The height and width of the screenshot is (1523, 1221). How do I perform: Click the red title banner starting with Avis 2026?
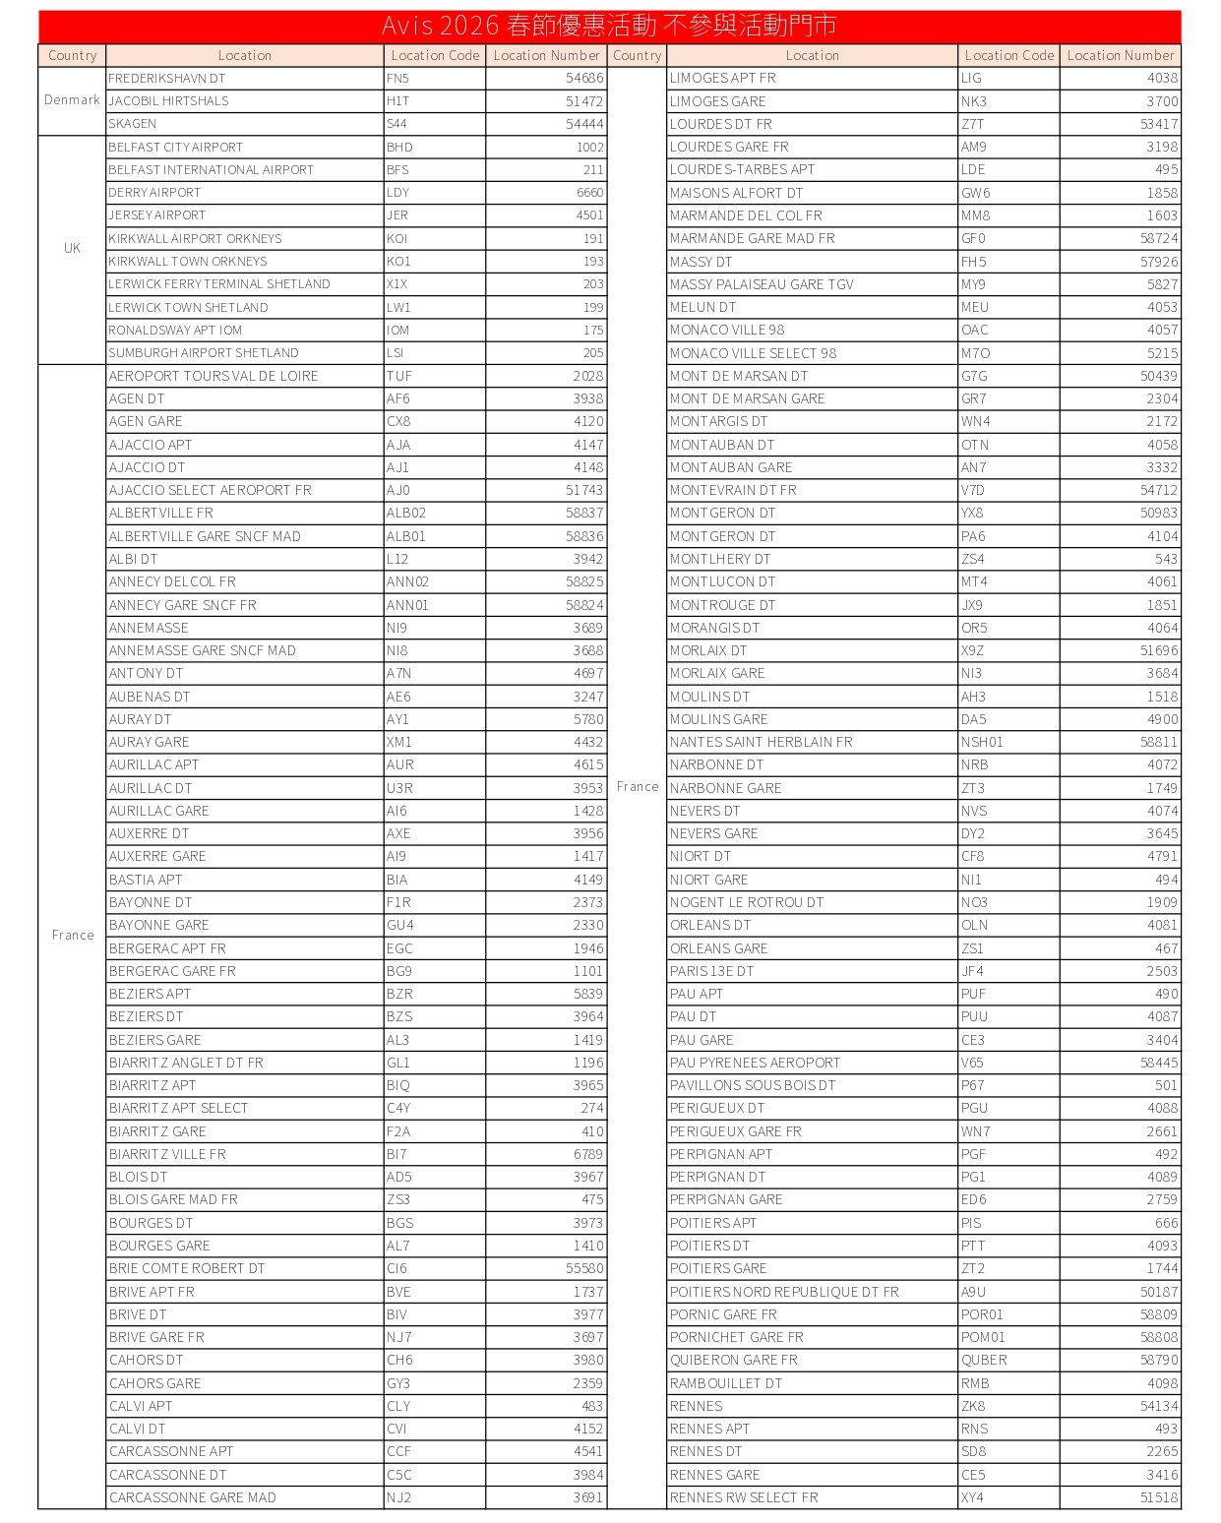tap(609, 26)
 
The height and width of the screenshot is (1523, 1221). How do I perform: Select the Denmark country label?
tap(72, 100)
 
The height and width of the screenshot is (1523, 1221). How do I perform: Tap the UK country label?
tap(72, 248)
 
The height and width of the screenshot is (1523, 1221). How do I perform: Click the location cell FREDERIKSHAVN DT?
tap(167, 78)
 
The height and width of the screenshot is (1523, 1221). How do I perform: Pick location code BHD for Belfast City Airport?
tap(399, 147)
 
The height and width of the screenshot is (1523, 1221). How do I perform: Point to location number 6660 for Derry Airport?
tap(589, 193)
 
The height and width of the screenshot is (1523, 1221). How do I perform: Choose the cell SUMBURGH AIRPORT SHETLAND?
tap(204, 352)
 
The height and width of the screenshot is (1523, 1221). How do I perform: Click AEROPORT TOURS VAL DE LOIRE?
tap(214, 376)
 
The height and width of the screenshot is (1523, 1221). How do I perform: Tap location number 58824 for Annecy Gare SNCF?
tap(584, 605)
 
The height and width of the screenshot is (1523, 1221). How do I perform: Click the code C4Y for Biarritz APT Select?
tap(398, 1108)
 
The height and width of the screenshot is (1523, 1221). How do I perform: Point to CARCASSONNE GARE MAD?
tap(193, 1497)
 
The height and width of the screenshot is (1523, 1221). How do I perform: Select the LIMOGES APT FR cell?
tap(723, 78)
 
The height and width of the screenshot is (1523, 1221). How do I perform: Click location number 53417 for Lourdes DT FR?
tap(1159, 124)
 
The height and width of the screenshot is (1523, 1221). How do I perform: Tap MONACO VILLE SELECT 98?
tap(753, 353)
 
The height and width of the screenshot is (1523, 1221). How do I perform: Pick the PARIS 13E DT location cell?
tap(711, 971)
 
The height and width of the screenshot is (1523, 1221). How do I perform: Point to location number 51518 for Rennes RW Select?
tap(1159, 1497)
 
